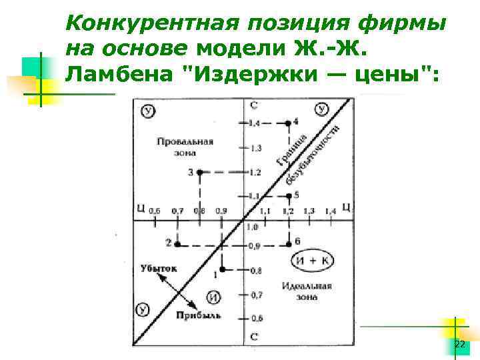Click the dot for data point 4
pyautogui.click(x=288, y=123)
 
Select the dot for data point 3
pyautogui.click(x=199, y=172)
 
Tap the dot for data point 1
pyautogui.click(x=223, y=269)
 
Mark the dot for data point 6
pyautogui.click(x=288, y=245)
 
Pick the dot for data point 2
pyautogui.click(x=177, y=245)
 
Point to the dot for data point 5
pyautogui.click(x=288, y=195)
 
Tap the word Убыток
pyautogui.click(x=159, y=268)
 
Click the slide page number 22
pyautogui.click(x=459, y=344)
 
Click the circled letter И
pyautogui.click(x=213, y=297)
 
